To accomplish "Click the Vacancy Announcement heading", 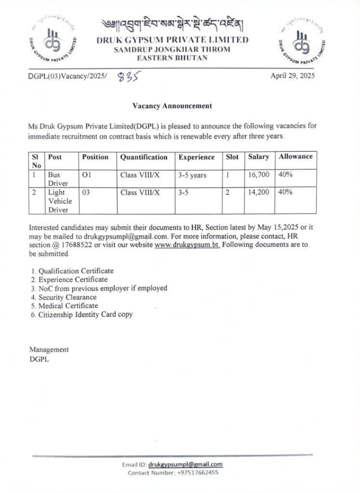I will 172,105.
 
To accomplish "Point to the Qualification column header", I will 144,157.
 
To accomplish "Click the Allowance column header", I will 295,156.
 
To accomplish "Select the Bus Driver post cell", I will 55,179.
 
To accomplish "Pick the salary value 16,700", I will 259,175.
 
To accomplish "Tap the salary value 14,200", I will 259,193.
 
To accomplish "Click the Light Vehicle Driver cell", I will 59,201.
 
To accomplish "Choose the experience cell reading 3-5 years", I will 192,175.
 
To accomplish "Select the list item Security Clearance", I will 67,297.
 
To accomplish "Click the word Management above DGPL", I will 49,350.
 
